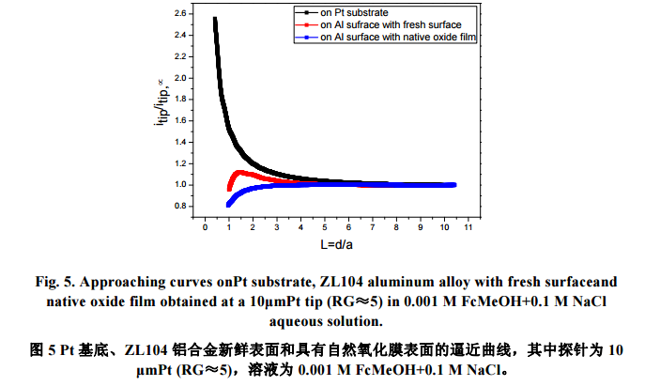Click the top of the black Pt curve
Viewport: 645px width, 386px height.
click(x=216, y=19)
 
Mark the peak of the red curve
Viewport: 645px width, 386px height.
click(x=240, y=172)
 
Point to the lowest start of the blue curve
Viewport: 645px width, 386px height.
click(x=228, y=204)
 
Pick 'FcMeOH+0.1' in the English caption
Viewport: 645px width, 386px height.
click(x=448, y=300)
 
